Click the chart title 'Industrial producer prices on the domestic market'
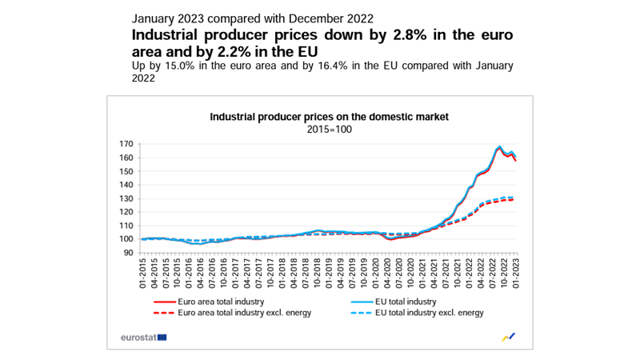point(329,117)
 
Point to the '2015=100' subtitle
point(329,129)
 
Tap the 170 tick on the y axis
point(125,144)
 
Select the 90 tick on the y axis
point(127,253)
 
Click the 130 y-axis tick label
point(125,198)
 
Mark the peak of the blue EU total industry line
point(500,146)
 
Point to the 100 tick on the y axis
point(125,239)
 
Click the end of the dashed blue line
point(513,197)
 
